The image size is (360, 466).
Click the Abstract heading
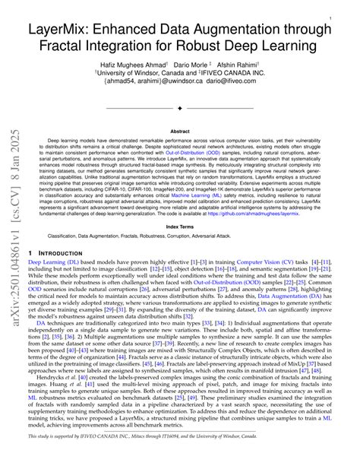179,132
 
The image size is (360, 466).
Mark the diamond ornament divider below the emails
180,109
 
